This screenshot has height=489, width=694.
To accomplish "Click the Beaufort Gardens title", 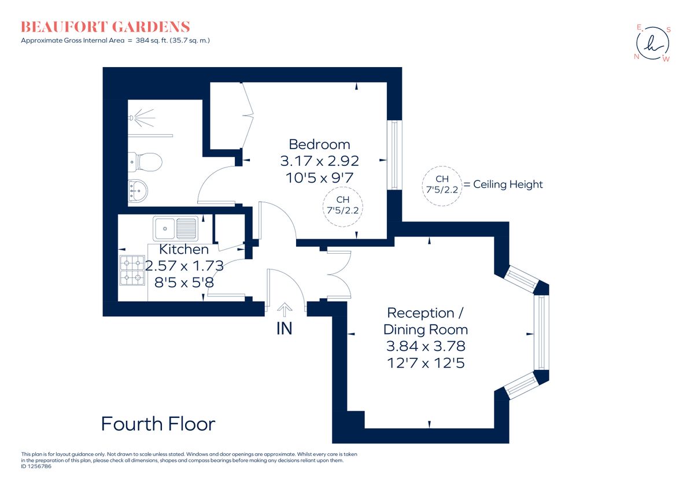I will pos(105,27).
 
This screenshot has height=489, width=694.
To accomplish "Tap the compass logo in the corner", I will pos(652,43).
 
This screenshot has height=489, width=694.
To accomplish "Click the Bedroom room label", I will pos(319,144).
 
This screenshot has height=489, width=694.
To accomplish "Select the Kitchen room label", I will pos(184,250).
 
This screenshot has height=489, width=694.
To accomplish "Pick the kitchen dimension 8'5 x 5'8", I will pos(184,283).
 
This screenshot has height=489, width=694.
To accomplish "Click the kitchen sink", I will pos(175,228).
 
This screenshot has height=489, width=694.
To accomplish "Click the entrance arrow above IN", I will pos(285,310).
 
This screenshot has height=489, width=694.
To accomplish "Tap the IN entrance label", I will pos(284,329).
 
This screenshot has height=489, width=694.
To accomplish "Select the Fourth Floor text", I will pos(158,424).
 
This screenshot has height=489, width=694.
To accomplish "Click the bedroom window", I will pos(394,154).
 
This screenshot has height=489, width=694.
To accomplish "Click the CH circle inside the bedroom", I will pos(343,205).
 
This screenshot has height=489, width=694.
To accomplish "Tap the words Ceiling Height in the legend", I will pos(508,184).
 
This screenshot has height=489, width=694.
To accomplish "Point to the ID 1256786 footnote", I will pos(36,466).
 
